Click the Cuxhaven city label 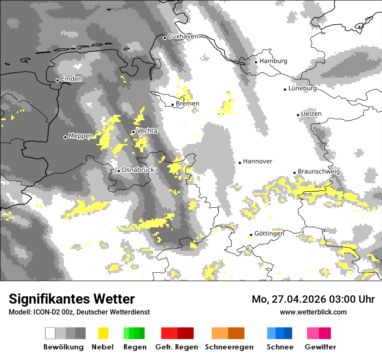[183, 36]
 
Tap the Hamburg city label [273, 61]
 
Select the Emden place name [71, 79]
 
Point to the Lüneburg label [303, 88]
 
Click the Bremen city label [188, 104]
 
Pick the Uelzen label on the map [311, 114]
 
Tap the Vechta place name [147, 131]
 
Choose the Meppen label [81, 136]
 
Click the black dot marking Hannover [240, 163]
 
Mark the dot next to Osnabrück [119, 171]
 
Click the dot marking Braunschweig [294, 173]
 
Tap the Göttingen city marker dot [251, 235]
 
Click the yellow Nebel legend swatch [103, 333]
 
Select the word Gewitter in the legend [320, 347]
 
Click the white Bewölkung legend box [50, 333]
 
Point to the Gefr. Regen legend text [176, 347]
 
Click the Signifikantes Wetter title [72, 299]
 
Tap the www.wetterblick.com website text [313, 312]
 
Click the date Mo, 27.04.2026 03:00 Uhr [313, 299]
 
